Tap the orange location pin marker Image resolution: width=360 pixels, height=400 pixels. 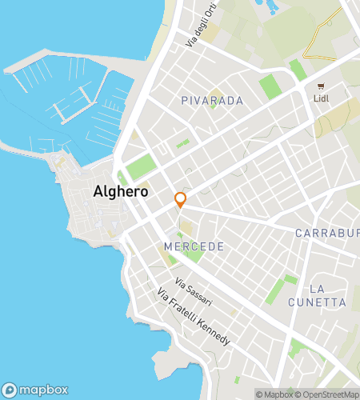coord(181,199)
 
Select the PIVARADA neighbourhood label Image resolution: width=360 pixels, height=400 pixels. coord(212,102)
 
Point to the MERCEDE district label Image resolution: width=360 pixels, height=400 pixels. coord(194,246)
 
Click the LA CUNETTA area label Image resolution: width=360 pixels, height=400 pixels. coord(328,295)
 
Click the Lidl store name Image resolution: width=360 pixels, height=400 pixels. coord(322,98)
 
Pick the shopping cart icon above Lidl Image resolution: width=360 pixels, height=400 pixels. coord(322,86)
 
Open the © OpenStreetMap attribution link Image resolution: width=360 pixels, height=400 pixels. coord(327,394)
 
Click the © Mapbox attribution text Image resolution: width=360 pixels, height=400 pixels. coord(274,394)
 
